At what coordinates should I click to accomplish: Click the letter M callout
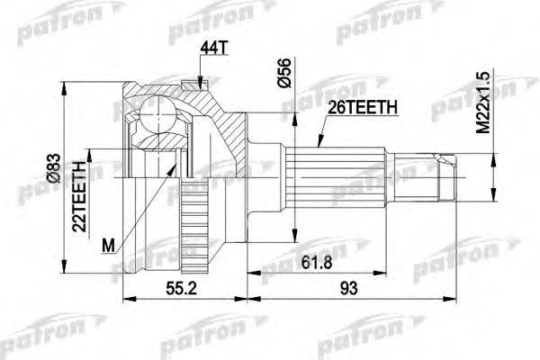pyautogui.click(x=110, y=244)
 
